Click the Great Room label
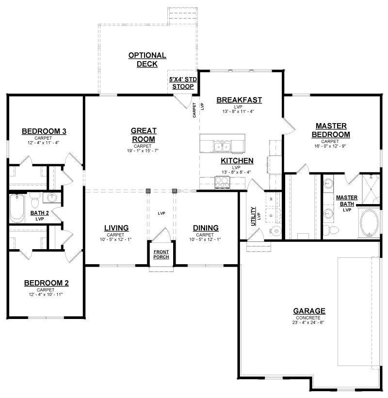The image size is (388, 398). [144, 135]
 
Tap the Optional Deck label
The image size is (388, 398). [147, 60]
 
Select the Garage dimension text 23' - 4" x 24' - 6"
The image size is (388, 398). [308, 322]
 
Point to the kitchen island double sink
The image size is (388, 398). [223, 147]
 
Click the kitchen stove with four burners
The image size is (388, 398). [223, 182]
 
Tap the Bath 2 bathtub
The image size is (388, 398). [17, 208]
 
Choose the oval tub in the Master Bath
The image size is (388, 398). [369, 223]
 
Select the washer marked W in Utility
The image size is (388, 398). [273, 199]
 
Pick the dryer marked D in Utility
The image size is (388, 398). [273, 216]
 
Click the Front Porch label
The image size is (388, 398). [161, 255]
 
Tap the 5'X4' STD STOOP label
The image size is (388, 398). [183, 83]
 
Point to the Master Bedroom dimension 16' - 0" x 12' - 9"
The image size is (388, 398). [330, 146]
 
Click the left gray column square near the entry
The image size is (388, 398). [148, 191]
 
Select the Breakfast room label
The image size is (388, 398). [239, 100]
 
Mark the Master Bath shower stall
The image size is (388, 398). [371, 189]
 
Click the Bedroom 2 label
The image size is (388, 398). [46, 283]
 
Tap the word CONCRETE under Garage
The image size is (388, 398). [308, 318]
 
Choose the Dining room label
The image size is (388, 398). [206, 228]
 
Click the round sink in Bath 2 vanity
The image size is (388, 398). [52, 197]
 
